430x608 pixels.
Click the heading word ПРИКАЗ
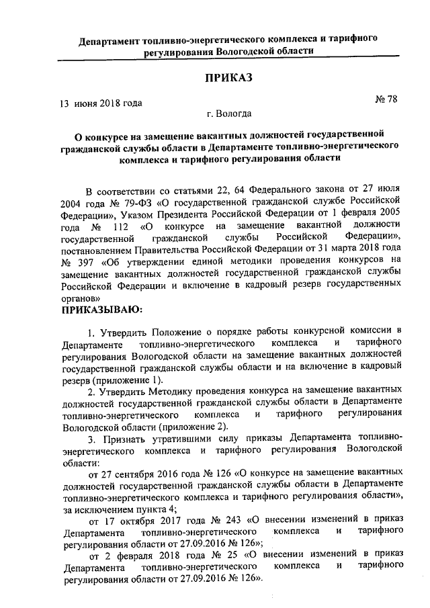(x=228, y=78)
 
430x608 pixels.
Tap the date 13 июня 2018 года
(x=101, y=103)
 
